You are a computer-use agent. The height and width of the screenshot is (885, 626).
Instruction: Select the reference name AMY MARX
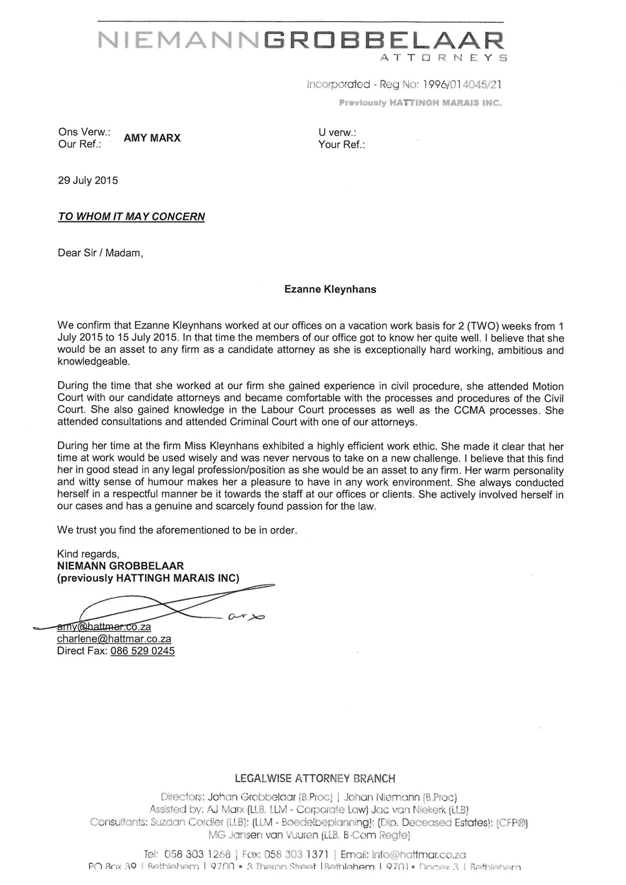click(x=152, y=138)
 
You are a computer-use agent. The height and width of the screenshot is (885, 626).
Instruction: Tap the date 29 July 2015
click(x=88, y=181)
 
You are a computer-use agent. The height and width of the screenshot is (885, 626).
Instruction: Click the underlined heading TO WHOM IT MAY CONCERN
click(x=131, y=217)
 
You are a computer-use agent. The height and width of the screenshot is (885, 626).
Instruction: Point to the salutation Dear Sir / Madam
click(x=100, y=253)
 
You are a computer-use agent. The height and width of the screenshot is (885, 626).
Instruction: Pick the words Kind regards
click(x=88, y=554)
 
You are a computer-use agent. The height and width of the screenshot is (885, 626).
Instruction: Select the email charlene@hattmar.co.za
click(x=114, y=639)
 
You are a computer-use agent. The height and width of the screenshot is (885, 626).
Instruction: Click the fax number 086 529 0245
click(x=143, y=651)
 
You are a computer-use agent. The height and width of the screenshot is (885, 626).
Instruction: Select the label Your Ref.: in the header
click(x=341, y=144)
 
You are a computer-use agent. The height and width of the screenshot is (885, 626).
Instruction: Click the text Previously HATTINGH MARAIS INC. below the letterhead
click(x=420, y=103)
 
